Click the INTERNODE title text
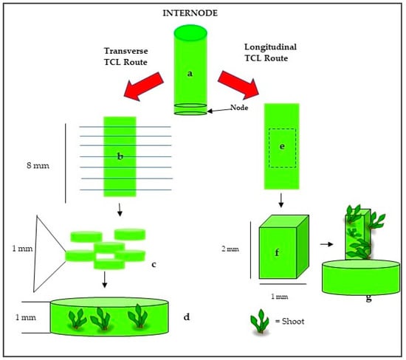[190, 13]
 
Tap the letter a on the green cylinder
[190, 74]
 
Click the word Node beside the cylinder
[239, 108]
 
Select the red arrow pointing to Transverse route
[144, 86]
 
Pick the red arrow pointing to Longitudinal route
[238, 85]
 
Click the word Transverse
[125, 51]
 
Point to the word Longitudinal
[271, 47]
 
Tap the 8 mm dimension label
[38, 165]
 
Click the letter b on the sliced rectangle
[120, 156]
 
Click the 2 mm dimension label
[230, 249]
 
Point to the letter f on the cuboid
[277, 252]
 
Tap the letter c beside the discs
[154, 265]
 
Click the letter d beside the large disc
[187, 316]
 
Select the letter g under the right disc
[368, 298]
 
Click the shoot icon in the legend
[260, 321]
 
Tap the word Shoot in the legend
[293, 322]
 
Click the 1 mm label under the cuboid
[279, 297]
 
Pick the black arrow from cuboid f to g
[326, 244]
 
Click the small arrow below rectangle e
[281, 201]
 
